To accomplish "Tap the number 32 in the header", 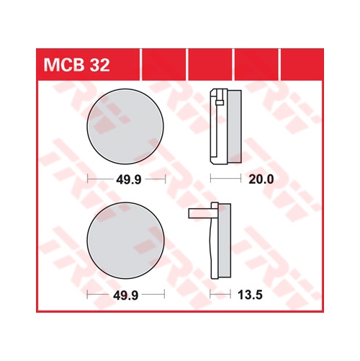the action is [99, 65].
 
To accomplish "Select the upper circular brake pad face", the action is [125, 127].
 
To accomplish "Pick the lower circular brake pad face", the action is [125, 240].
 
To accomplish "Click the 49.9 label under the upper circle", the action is [129, 179].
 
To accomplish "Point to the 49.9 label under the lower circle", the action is [126, 295].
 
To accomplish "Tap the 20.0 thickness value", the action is [261, 179].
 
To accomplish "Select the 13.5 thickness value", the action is [250, 295].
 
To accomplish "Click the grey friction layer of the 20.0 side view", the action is [234, 127].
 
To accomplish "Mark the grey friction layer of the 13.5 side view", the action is [225, 241].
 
